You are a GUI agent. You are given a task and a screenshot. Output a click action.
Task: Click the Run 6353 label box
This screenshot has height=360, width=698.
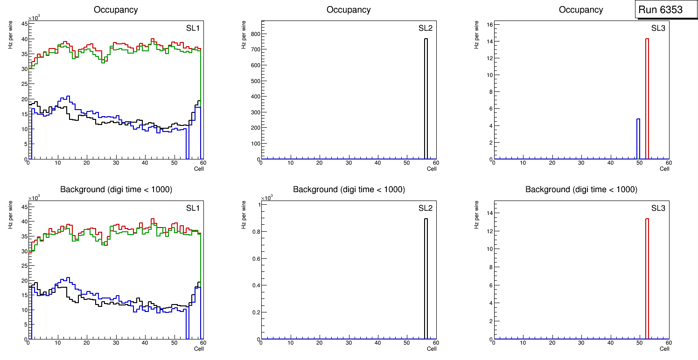pyautogui.click(x=663, y=9)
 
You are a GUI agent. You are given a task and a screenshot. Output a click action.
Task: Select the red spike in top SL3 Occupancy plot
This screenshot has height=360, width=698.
pyautogui.click(x=647, y=98)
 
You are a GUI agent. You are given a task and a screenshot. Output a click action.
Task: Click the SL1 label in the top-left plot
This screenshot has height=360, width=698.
pyautogui.click(x=193, y=28)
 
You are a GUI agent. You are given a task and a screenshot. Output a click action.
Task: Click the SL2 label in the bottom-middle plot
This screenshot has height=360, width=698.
pyautogui.click(x=426, y=208)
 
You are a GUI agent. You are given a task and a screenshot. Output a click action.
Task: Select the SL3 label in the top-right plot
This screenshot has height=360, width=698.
pyautogui.click(x=658, y=28)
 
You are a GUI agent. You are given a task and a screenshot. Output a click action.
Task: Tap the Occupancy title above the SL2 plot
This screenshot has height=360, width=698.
pyautogui.click(x=349, y=9)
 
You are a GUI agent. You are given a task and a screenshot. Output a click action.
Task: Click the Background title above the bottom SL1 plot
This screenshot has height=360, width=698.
pyautogui.click(x=116, y=189)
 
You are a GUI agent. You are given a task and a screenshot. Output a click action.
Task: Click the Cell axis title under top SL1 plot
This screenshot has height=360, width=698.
pyautogui.click(x=199, y=169)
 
